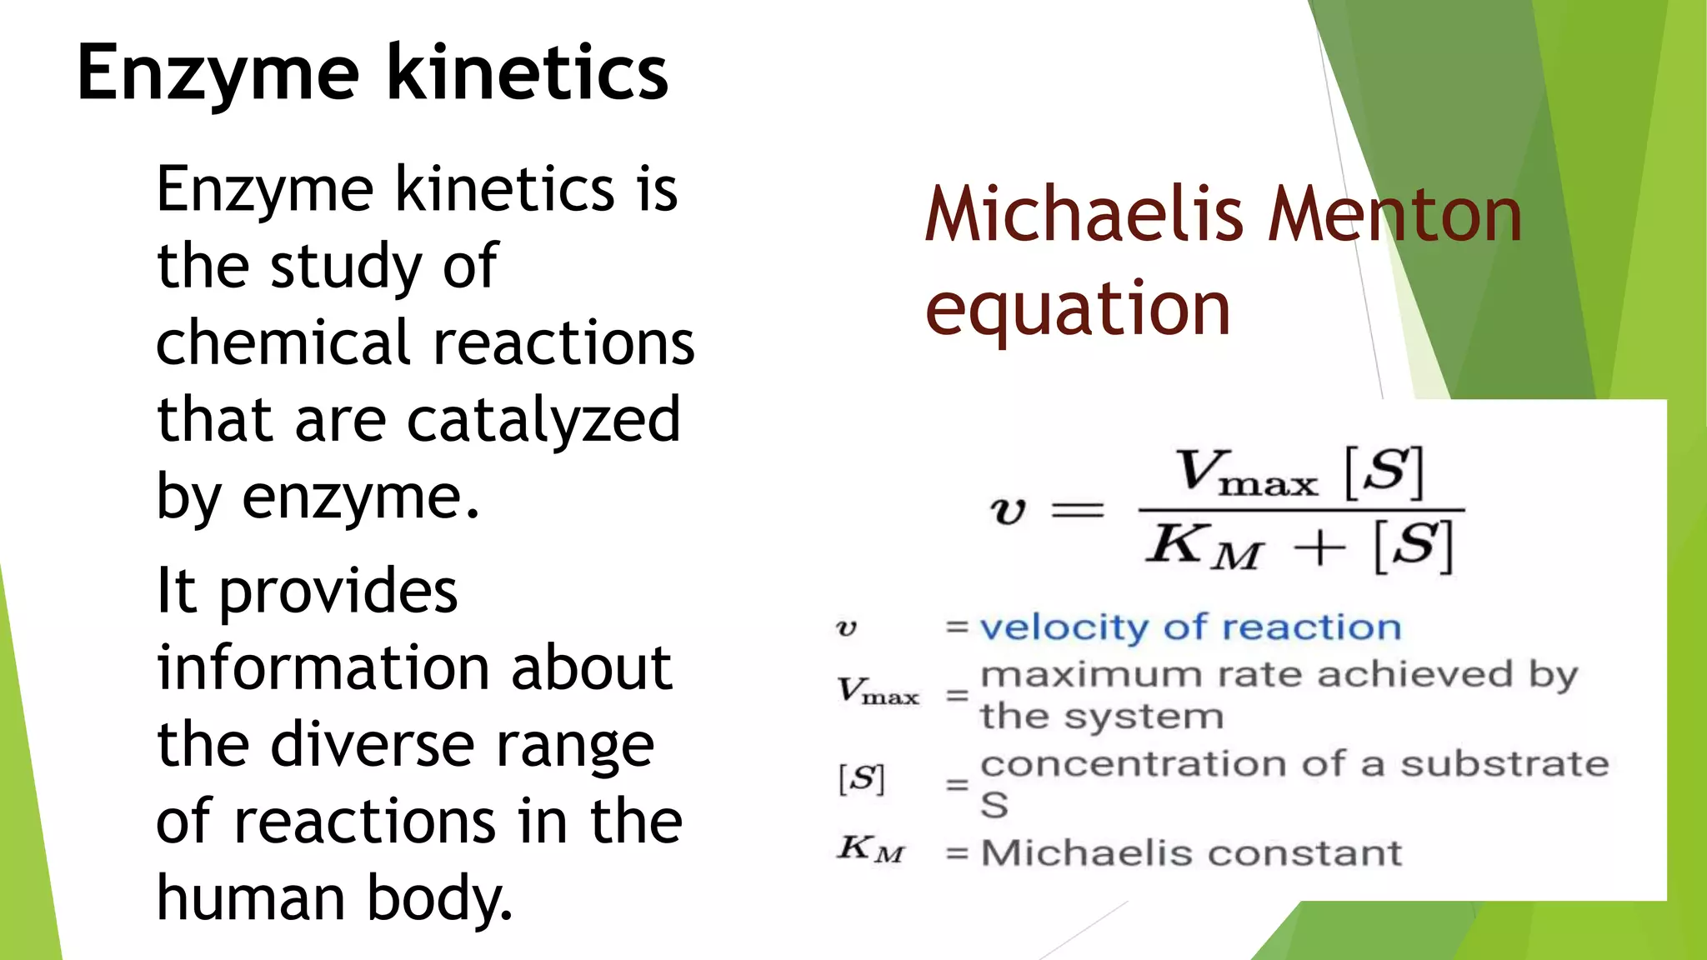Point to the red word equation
point(1078,310)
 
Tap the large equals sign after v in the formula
point(1078,509)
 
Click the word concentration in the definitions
point(1120,764)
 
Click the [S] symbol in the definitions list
point(861,779)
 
